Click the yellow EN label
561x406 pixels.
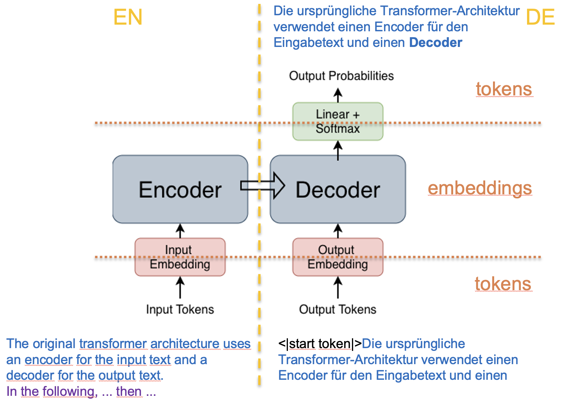pyautogui.click(x=128, y=18)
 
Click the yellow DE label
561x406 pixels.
pyautogui.click(x=540, y=18)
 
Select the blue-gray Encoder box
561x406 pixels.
pyautogui.click(x=180, y=190)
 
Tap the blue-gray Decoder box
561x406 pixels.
pyautogui.click(x=338, y=190)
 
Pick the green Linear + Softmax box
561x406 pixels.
pyautogui.click(x=338, y=121)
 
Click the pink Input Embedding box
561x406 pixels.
pyautogui.click(x=180, y=257)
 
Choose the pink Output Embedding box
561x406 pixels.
pyautogui.click(x=338, y=257)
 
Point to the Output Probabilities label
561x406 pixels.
pyautogui.click(x=341, y=76)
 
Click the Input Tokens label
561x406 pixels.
pyautogui.click(x=180, y=309)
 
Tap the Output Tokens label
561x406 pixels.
pyautogui.click(x=338, y=309)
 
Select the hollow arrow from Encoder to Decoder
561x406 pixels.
pyautogui.click(x=262, y=186)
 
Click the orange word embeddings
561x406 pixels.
pyautogui.click(x=480, y=188)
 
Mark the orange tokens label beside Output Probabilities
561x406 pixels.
pyautogui.click(x=504, y=89)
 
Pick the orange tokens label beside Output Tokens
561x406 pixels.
pyautogui.click(x=503, y=284)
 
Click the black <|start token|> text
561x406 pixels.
pyautogui.click(x=320, y=344)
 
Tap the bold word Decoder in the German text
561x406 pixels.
pyautogui.click(x=436, y=43)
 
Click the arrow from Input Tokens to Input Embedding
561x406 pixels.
pyautogui.click(x=180, y=287)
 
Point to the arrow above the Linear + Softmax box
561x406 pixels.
pyautogui.click(x=338, y=95)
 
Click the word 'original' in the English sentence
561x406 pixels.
pyautogui.click(x=54, y=344)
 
